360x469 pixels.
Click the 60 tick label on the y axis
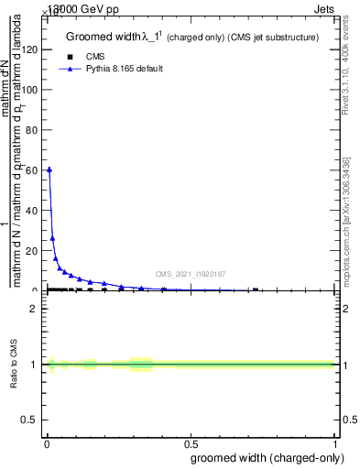click(x=35, y=170)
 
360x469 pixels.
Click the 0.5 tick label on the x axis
click(x=191, y=444)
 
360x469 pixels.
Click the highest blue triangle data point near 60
click(x=49, y=169)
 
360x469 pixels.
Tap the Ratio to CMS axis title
click(x=14, y=364)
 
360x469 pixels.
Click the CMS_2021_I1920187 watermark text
click(x=191, y=274)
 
